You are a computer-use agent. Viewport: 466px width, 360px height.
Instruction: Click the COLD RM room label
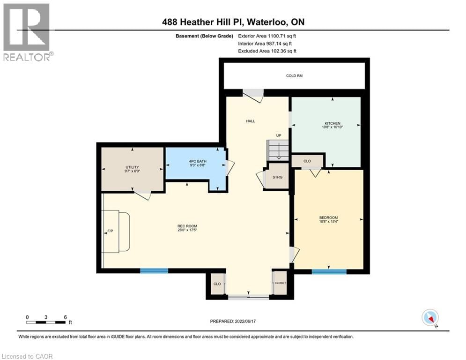(294, 75)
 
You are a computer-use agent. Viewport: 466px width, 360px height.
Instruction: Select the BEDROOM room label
(328, 217)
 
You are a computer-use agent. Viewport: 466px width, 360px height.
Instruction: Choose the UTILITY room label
(132, 167)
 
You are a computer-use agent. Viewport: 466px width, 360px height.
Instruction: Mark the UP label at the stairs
(278, 135)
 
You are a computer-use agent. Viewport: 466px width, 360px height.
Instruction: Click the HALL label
(251, 121)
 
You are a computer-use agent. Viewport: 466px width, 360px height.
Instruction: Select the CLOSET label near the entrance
(280, 283)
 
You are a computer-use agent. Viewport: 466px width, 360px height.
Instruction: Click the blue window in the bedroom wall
(329, 271)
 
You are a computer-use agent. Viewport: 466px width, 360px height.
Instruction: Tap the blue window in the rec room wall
(154, 270)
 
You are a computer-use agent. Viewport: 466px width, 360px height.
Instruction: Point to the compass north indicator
(429, 317)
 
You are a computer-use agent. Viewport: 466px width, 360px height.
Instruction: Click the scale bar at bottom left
(46, 322)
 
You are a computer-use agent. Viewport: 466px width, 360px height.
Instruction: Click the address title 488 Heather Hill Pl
(233, 22)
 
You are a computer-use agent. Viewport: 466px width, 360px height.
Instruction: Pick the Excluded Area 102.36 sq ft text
(267, 51)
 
